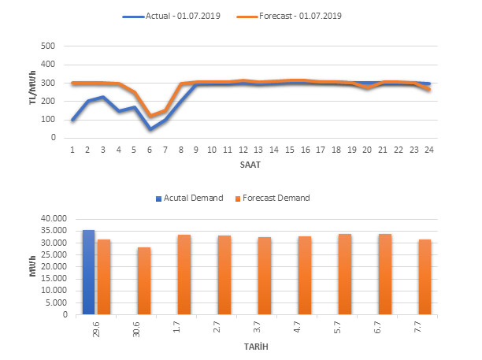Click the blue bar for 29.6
pos(88,272)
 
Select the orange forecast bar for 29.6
pos(103,276)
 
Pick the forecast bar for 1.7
pos(184,274)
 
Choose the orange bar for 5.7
pos(344,274)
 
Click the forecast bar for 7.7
pos(425,276)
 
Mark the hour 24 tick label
pos(428,149)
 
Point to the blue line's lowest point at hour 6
pos(150,128)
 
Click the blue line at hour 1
pos(72,120)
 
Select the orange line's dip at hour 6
pos(150,117)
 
